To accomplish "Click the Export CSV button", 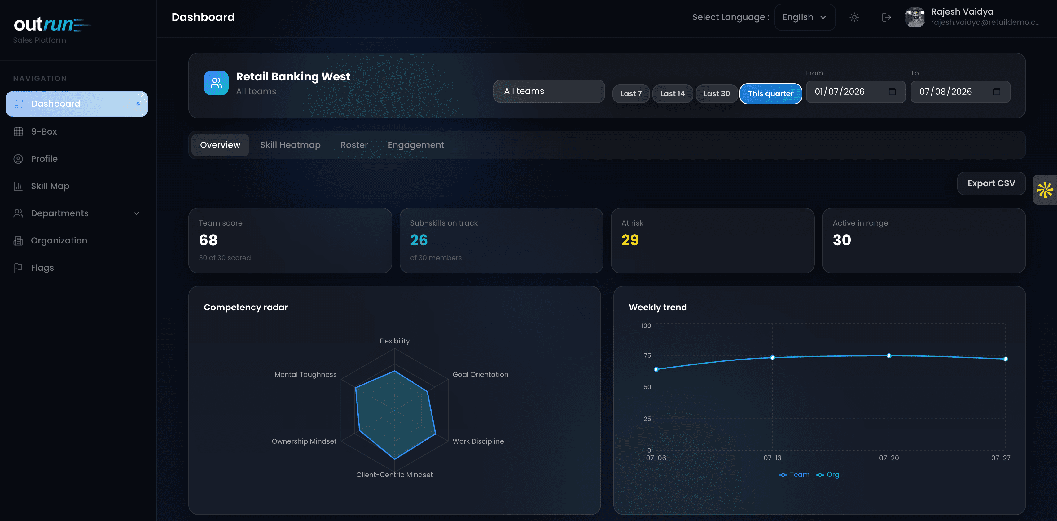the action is (991, 183).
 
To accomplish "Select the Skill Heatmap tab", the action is (290, 145).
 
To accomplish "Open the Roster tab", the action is (354, 145).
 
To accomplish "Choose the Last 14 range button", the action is (672, 93).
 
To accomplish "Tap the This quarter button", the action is (770, 93).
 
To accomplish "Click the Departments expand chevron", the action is (136, 213).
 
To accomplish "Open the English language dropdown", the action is (805, 17).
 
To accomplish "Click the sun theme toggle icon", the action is (854, 17).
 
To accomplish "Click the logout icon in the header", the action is (886, 17).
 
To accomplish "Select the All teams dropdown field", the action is (549, 91).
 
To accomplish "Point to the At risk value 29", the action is (630, 240).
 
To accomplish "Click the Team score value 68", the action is (208, 240).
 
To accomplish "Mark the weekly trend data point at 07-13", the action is (772, 357).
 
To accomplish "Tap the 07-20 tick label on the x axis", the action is (889, 458).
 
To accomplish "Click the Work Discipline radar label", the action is (478, 441).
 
